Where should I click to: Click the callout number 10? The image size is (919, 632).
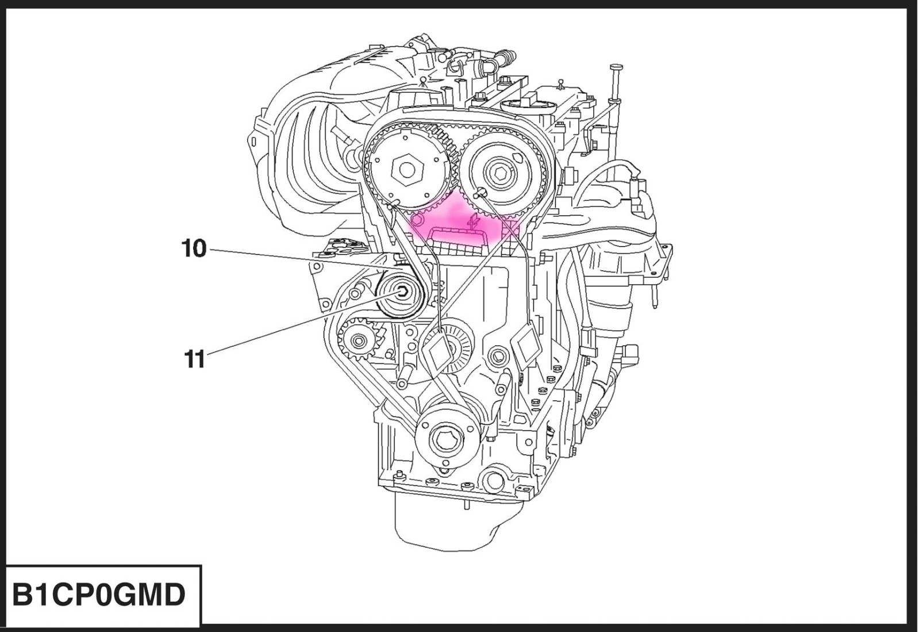point(194,248)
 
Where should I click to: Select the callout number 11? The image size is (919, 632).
point(194,359)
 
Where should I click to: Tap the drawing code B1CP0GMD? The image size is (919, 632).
point(99,595)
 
